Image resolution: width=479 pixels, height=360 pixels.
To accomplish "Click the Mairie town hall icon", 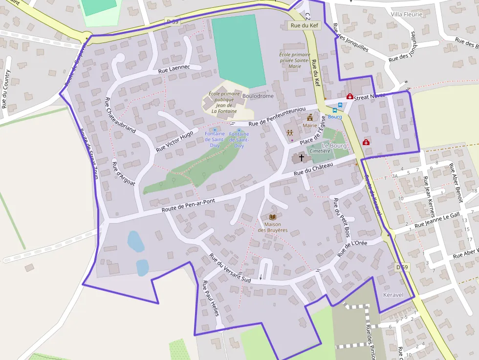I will pyautogui.click(x=309, y=117).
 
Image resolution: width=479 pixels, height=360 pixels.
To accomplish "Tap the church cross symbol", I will pyautogui.click(x=302, y=158).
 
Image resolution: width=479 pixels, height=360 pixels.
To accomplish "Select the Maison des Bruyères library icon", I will pyautogui.click(x=273, y=217).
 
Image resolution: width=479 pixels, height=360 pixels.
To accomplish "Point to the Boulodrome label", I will pyautogui.click(x=258, y=96).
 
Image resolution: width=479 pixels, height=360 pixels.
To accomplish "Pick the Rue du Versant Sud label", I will pyautogui.click(x=229, y=268).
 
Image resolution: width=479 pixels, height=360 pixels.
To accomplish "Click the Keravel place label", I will pyautogui.click(x=393, y=296).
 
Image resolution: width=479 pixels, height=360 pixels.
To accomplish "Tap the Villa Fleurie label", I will pyautogui.click(x=406, y=15).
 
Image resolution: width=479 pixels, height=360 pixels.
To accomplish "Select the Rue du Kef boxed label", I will pyautogui.click(x=304, y=25).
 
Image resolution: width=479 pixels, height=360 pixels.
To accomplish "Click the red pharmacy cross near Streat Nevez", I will pyautogui.click(x=349, y=97).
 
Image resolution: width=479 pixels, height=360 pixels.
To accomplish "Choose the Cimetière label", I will pyautogui.click(x=320, y=151).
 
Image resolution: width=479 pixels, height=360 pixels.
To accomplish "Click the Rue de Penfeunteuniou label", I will pyautogui.click(x=277, y=116).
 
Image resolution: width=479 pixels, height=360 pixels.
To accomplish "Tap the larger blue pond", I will pyautogui.click(x=135, y=241).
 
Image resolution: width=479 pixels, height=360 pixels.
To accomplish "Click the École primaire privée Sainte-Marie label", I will pyautogui.click(x=295, y=61).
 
